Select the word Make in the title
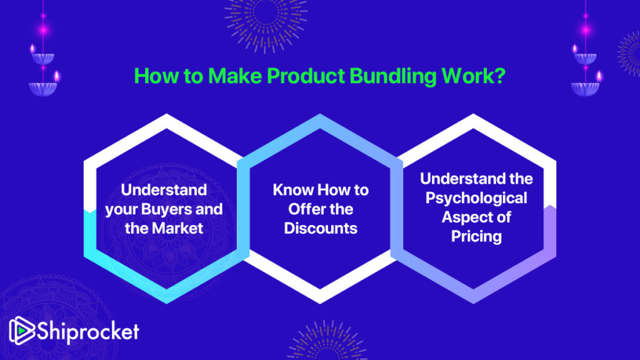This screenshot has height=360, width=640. point(235,76)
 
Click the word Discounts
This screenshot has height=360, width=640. point(321,228)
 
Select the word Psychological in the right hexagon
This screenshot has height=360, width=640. point(476,198)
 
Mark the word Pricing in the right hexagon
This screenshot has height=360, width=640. point(476,237)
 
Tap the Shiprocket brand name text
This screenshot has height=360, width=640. point(88,331)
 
